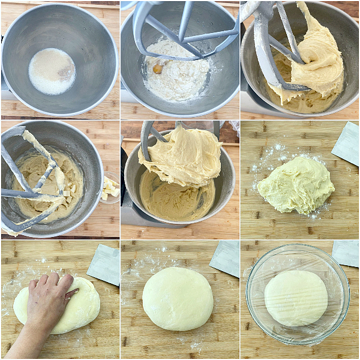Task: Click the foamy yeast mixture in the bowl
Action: coord(52,71)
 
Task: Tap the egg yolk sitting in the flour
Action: coord(158,69)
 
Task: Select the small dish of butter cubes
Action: coord(109,188)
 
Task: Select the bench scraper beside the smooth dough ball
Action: coord(226,259)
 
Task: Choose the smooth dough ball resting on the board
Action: coord(178,298)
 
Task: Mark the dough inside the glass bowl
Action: coord(296,298)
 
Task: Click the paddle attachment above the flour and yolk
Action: coord(180,30)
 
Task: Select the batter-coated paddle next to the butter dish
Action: coord(36,180)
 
